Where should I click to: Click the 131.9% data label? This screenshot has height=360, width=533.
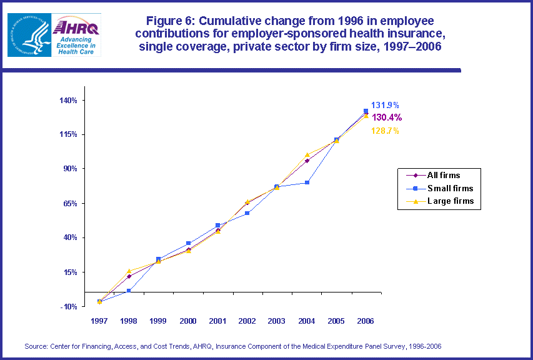tap(385, 106)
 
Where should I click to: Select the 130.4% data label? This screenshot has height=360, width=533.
tap(387, 117)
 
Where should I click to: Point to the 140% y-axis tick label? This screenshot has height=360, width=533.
tap(68, 100)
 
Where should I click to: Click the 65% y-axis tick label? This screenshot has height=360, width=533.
tap(70, 203)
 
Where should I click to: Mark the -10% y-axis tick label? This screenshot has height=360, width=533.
tap(68, 306)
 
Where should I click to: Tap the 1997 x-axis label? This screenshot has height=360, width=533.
tap(99, 321)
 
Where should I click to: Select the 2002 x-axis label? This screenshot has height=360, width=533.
tap(247, 321)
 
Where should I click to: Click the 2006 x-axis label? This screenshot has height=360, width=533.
tap(366, 321)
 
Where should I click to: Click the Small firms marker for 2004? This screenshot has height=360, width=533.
tap(307, 182)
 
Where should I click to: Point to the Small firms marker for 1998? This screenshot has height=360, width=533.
tap(129, 291)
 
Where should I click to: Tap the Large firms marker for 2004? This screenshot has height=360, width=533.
tap(307, 155)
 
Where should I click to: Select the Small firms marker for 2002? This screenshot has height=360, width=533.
tap(247, 213)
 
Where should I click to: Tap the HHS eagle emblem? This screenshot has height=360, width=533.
tap(26, 34)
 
